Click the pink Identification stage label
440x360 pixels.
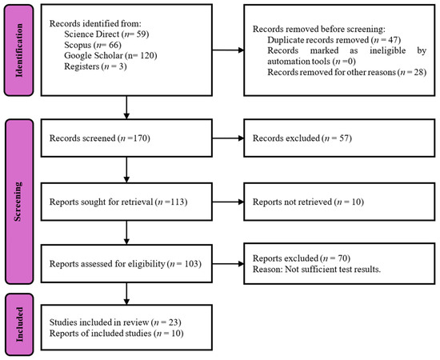[x=19, y=50]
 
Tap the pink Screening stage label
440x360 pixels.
[x=19, y=202]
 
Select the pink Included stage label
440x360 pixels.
[x=19, y=324]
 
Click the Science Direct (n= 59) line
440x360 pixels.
[x=106, y=34]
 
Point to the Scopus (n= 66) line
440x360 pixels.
[x=93, y=45]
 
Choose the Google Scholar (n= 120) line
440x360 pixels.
[x=110, y=55]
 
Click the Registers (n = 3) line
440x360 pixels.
[x=95, y=66]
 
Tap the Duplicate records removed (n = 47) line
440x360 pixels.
[x=334, y=40]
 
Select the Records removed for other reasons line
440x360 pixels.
[x=347, y=72]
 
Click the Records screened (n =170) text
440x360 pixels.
[x=100, y=138]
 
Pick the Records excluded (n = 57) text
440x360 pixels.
[x=302, y=138]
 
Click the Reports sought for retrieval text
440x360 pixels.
[x=118, y=202]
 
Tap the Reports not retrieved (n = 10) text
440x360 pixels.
[x=308, y=202]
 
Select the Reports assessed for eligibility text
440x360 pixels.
[x=125, y=264]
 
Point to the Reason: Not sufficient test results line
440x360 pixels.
[x=317, y=269]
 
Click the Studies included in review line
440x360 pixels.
[x=115, y=322]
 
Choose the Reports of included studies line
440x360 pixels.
[x=117, y=334]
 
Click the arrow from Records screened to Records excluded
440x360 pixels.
[x=228, y=138]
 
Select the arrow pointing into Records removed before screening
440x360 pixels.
[x=228, y=50]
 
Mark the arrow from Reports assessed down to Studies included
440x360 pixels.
[x=126, y=294]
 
